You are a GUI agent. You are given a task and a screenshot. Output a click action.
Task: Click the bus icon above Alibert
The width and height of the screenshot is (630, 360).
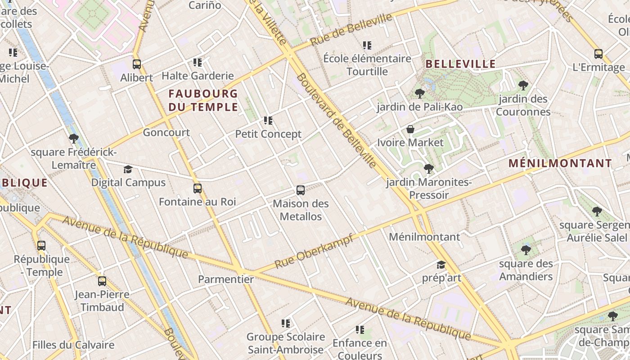point(137,64)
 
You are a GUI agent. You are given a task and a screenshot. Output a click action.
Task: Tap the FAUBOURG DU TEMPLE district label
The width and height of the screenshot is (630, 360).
point(203,100)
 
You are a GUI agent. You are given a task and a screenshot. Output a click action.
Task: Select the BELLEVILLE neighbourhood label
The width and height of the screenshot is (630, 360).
point(460,64)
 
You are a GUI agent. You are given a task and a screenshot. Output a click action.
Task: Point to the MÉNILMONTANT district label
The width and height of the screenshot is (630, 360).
point(560,163)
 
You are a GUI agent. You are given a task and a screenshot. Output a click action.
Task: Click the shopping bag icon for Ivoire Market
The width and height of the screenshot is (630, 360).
point(410,130)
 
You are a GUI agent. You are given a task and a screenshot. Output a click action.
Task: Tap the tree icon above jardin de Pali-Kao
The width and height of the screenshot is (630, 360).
point(419,94)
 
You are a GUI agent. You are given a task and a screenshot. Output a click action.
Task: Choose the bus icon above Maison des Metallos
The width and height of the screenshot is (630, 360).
point(301,190)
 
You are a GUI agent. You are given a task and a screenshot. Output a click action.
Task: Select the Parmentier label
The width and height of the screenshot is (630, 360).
point(226,279)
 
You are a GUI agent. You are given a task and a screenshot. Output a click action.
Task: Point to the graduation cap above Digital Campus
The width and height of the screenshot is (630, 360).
point(128,170)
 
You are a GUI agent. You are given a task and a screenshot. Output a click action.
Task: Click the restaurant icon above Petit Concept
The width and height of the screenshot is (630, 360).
point(268,121)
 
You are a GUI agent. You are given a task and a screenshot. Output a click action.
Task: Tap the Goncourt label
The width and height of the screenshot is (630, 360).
point(166,133)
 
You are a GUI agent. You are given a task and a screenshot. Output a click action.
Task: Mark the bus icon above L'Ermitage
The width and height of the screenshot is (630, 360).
point(598,54)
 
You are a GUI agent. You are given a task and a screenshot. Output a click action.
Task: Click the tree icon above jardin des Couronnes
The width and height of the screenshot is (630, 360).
point(523,85)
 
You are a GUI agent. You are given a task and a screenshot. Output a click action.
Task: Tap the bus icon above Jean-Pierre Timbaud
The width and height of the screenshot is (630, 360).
point(102,281)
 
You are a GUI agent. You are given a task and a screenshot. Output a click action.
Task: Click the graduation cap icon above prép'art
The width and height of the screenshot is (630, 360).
point(441,265)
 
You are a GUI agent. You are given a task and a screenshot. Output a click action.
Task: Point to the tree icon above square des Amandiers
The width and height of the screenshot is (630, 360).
point(526,250)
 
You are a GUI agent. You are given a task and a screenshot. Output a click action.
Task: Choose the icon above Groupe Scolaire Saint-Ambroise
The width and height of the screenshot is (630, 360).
point(285,323)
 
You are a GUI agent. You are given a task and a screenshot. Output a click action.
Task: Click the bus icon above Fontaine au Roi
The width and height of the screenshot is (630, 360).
point(197,189)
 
